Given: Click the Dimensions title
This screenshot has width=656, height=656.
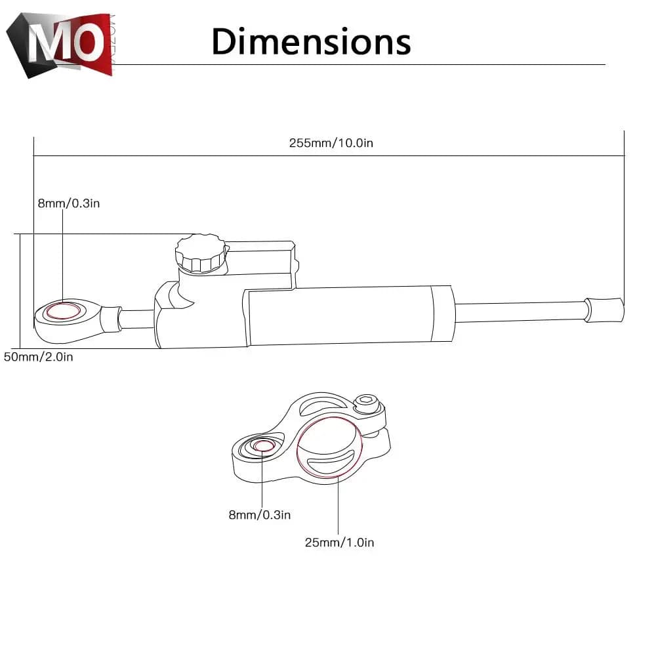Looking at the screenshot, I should (x=311, y=41).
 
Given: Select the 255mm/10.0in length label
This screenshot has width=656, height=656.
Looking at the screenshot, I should (x=331, y=143).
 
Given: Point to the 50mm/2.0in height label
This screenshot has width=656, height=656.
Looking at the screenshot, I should (x=38, y=358).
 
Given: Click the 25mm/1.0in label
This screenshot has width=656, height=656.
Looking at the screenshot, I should (x=339, y=542).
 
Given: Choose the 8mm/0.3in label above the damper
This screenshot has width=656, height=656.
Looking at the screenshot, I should (x=68, y=203).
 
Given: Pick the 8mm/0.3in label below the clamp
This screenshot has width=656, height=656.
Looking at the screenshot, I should (x=259, y=515).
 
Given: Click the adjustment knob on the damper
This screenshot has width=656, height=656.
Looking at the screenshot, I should (x=200, y=254).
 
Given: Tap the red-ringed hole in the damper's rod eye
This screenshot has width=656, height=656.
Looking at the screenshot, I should (x=64, y=311).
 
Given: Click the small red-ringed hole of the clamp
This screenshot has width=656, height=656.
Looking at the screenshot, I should (x=264, y=446).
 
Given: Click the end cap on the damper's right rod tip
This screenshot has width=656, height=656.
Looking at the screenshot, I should (x=604, y=309).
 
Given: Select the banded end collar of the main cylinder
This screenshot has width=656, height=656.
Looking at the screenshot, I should (x=441, y=315).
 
